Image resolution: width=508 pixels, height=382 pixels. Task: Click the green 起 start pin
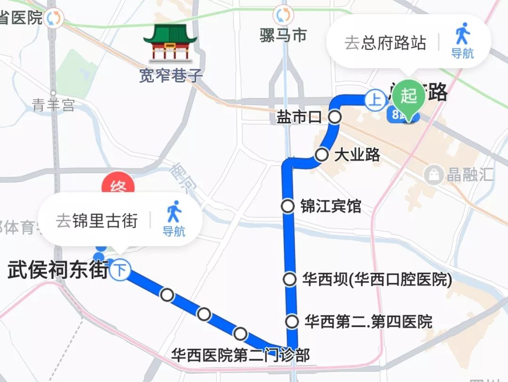tap(409, 97)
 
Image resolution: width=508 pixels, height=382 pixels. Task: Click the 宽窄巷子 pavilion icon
tap(170, 44)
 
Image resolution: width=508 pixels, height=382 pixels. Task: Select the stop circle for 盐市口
tap(334, 117)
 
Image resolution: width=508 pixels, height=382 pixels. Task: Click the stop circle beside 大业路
tap(322, 154)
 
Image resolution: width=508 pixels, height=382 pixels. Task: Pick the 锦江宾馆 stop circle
tap(288, 206)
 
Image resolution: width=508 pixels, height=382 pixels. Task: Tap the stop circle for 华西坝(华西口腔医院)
tap(290, 279)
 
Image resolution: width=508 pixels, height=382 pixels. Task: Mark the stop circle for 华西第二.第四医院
tap(293, 322)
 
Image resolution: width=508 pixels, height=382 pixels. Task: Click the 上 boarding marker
tap(375, 100)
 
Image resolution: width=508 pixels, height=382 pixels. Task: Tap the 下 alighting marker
tap(121, 271)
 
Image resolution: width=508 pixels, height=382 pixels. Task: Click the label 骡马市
tap(283, 35)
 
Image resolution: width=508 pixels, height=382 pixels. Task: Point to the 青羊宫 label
tap(53, 105)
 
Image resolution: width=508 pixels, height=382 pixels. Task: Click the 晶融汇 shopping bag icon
tap(433, 175)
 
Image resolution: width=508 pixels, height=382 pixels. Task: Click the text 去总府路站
tap(385, 43)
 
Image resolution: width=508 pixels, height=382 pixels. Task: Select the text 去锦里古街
tap(97, 220)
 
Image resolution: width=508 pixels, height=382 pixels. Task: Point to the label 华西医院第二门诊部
tap(240, 355)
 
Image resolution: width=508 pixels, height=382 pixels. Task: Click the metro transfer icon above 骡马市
tap(283, 15)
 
